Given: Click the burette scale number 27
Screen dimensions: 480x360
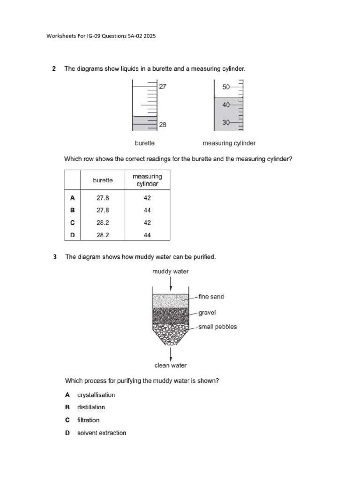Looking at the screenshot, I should click(163, 86).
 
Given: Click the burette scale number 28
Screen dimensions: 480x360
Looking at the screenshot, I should click(163, 125).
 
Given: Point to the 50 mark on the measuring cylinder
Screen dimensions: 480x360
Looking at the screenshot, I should click(226, 87).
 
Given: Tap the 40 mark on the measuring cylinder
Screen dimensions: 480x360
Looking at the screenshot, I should click(226, 105).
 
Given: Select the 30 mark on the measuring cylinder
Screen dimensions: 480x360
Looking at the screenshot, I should click(226, 122).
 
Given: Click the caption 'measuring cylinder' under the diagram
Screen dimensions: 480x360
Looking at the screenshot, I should click(229, 143).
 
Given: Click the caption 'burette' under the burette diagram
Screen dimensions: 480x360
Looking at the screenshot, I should click(145, 143).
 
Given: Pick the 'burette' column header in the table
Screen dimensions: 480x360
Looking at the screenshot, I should click(103, 180).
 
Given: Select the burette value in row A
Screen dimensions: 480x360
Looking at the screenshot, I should click(103, 198).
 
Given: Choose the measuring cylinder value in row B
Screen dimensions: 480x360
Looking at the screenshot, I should click(147, 210).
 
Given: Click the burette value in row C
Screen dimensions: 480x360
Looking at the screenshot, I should click(103, 223).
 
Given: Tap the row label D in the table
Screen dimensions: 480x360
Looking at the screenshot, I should click(72, 235).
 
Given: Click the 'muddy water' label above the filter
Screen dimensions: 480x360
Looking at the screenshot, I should click(171, 271).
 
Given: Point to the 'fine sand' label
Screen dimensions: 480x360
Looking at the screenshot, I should click(211, 297).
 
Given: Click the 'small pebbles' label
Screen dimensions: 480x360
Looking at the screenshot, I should click(217, 327).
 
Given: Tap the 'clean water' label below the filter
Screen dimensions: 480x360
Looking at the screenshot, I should click(171, 365).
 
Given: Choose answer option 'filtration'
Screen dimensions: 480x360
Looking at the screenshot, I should click(88, 420).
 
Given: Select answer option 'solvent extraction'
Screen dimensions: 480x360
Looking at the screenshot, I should click(101, 433).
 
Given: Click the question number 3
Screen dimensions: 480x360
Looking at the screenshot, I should click(55, 257).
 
